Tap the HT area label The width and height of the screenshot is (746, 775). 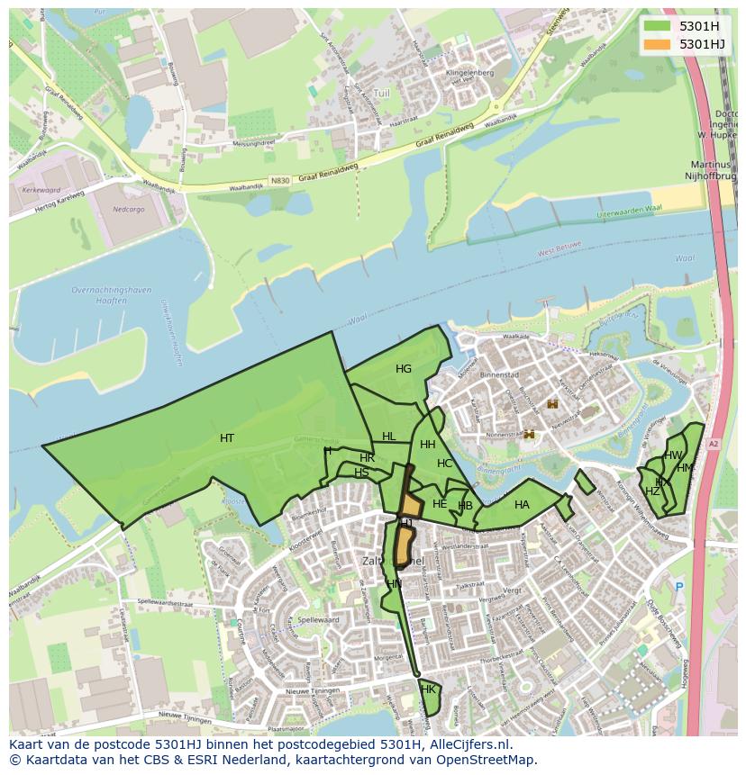[227, 438]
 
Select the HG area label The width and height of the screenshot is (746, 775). [404, 369]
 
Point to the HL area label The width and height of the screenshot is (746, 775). [388, 437]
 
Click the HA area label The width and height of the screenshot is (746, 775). [522, 505]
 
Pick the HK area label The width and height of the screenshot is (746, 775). [428, 689]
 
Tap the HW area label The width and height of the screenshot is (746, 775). [673, 455]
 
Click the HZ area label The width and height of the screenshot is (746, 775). [652, 491]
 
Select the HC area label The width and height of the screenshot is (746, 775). [444, 464]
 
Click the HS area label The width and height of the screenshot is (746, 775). [361, 473]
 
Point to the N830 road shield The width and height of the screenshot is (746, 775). [280, 180]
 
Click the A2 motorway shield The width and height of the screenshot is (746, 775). [713, 444]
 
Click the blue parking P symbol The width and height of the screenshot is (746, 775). [679, 586]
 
